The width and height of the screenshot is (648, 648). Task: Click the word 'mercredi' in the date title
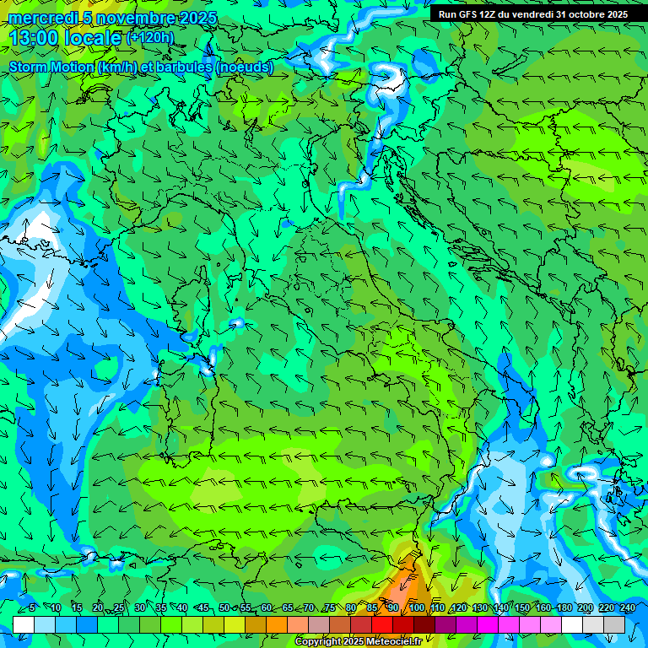click(x=42, y=18)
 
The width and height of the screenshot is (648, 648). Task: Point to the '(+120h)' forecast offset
click(x=150, y=37)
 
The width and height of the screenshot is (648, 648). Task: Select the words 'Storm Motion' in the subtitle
click(x=50, y=67)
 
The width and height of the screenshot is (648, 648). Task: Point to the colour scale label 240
click(x=628, y=607)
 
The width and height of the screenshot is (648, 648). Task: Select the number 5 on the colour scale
click(x=32, y=607)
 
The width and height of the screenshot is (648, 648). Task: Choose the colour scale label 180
click(x=564, y=607)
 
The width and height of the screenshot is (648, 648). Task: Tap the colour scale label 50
click(x=224, y=607)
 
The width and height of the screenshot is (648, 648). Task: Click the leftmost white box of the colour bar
click(x=24, y=624)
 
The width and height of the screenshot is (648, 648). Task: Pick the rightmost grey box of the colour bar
click(x=614, y=624)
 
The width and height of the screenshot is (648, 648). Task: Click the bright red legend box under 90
click(x=382, y=624)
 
